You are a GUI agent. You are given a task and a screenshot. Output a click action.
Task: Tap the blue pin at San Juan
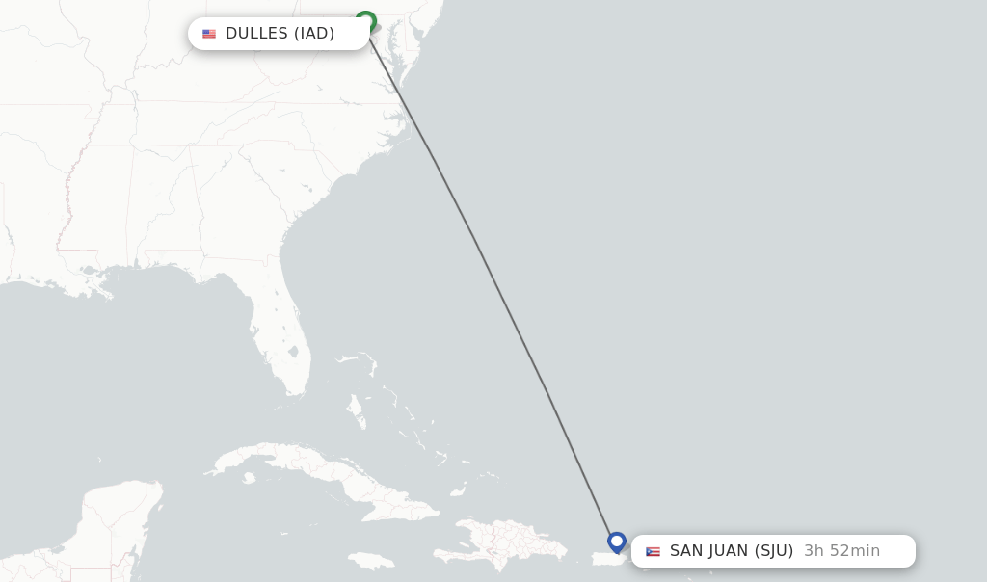pos(617,542)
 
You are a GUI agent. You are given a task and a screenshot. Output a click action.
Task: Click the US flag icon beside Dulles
pos(209,34)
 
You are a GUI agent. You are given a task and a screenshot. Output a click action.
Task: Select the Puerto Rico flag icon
pos(653,551)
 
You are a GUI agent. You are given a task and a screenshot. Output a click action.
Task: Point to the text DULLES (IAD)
pos(280,34)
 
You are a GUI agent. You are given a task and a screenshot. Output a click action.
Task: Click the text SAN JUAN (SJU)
pos(732,551)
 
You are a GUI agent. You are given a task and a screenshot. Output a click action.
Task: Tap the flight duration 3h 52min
pos(841,551)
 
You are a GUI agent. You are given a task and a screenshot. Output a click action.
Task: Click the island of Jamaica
pos(371,560)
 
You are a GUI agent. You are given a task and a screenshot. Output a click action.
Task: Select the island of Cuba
pos(318,472)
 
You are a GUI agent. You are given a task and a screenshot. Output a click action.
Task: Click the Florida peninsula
pos(280,337)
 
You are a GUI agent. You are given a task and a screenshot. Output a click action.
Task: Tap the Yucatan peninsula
pos(116,520)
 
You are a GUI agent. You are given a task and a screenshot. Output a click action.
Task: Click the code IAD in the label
pos(314,34)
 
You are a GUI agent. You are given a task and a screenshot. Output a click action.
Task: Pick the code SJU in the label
pos(774,551)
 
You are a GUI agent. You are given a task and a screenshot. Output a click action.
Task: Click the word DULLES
pos(256,34)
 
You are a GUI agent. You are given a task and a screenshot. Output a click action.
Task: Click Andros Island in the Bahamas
pos(355,410)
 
